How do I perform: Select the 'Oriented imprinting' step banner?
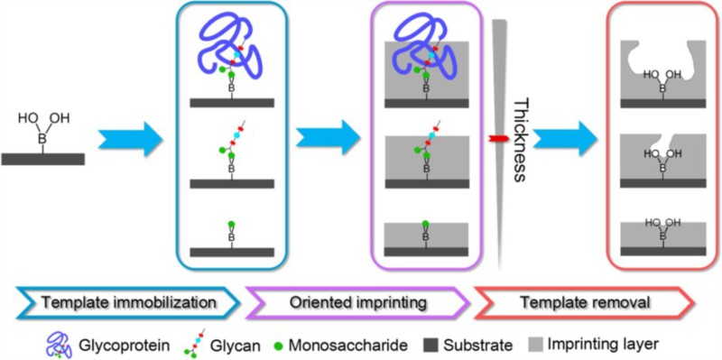point(357,302)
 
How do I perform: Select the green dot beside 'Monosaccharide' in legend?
point(265,344)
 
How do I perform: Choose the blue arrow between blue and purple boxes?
point(328,137)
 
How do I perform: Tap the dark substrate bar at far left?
point(42,159)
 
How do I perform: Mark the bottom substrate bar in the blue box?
point(232,252)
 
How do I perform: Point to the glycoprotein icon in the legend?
point(60,344)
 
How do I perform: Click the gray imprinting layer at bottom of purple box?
point(426,235)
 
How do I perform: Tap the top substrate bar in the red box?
point(663,103)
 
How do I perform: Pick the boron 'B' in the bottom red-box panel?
point(663,235)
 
